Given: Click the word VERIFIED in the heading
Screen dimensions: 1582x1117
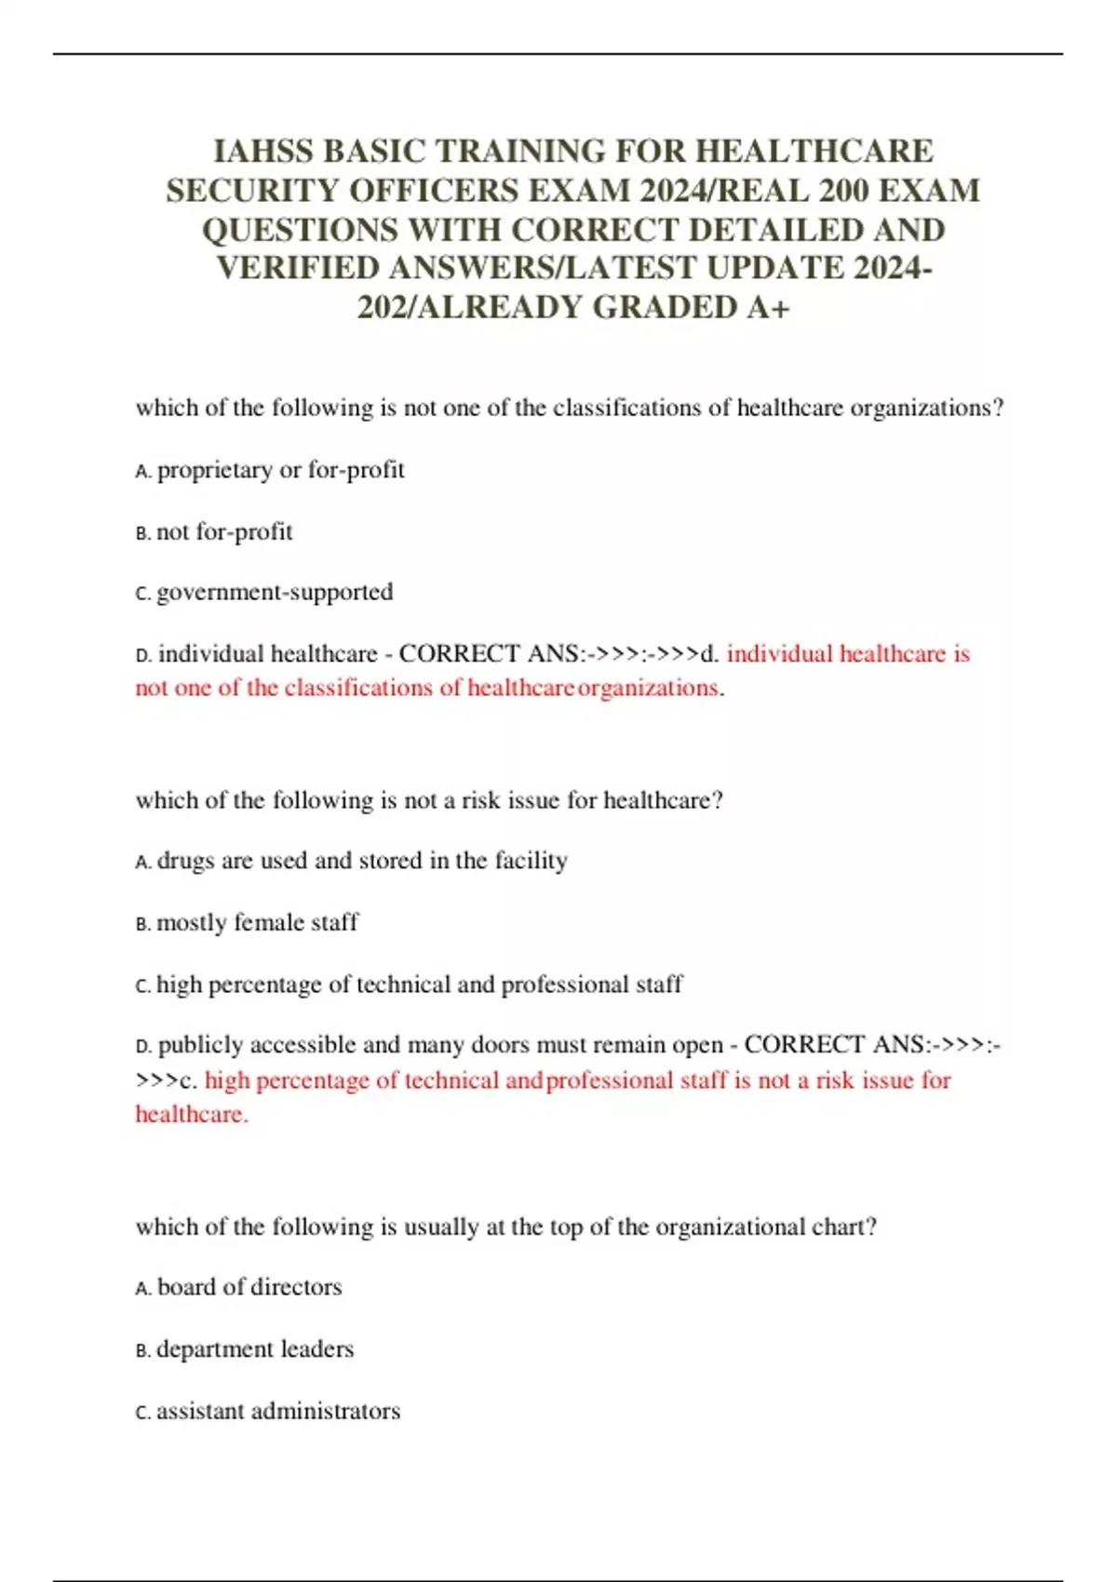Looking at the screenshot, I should pyautogui.click(x=298, y=268).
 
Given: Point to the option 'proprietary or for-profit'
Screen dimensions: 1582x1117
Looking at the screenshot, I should pyautogui.click(x=280, y=470).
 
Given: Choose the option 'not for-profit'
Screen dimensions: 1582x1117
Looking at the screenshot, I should pyautogui.click(x=224, y=532).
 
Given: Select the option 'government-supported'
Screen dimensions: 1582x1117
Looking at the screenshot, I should pyautogui.click(x=275, y=592).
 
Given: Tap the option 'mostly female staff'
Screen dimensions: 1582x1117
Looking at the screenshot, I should pyautogui.click(x=257, y=923).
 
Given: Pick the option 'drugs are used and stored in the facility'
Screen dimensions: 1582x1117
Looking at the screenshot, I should pyautogui.click(x=362, y=861).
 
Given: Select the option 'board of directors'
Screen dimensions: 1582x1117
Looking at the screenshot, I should pyautogui.click(x=249, y=1287).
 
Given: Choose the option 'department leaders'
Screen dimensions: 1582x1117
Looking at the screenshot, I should pyautogui.click(x=255, y=1349).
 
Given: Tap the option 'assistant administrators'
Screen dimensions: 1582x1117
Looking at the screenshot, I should pyautogui.click(x=278, y=1412).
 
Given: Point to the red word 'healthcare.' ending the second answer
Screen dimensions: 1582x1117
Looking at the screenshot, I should pyautogui.click(x=192, y=1115).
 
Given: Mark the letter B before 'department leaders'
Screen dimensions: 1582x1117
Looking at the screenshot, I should pyautogui.click(x=141, y=1351).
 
